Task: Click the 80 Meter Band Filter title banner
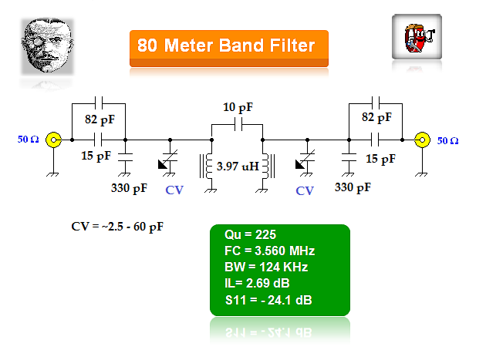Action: click(227, 46)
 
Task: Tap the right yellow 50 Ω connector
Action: click(422, 140)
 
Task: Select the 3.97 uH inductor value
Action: click(238, 166)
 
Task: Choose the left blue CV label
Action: click(175, 191)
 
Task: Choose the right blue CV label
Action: click(305, 190)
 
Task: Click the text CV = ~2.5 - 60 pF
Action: click(117, 227)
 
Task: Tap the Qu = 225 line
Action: click(250, 235)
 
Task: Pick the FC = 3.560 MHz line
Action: click(269, 251)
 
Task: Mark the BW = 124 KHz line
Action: click(265, 267)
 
